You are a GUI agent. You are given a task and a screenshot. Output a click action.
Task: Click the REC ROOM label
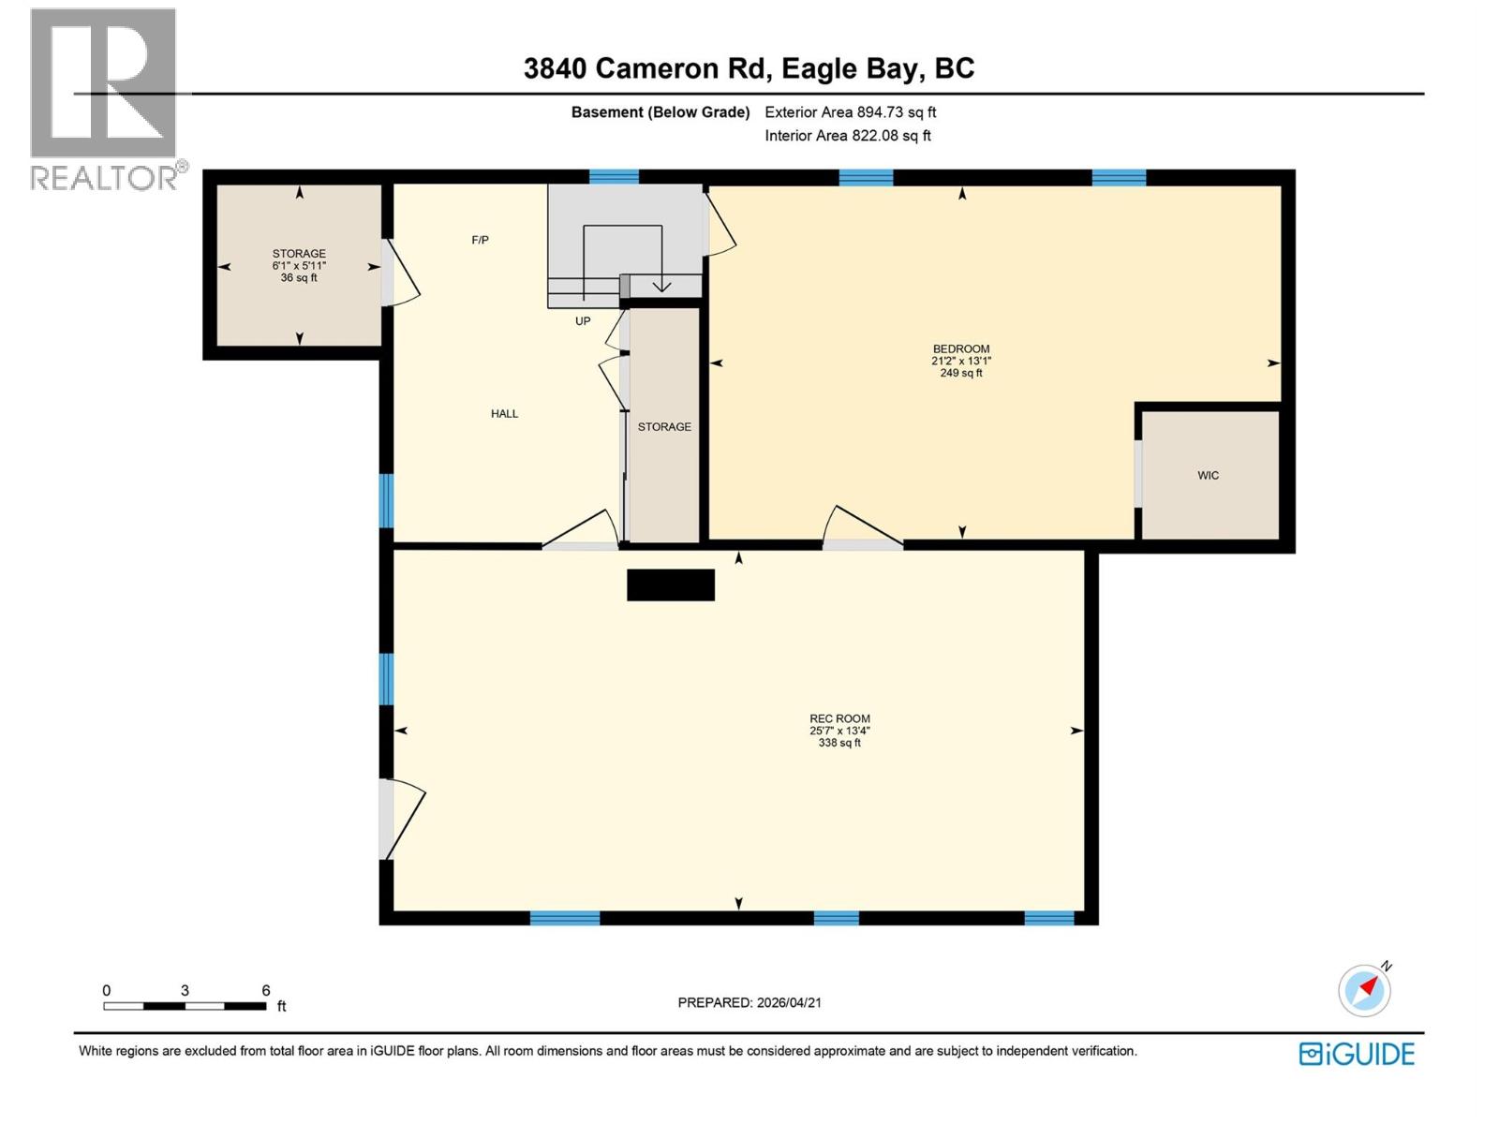(839, 718)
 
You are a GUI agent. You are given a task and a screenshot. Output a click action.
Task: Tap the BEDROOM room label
(961, 348)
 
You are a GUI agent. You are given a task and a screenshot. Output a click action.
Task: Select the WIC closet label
(1208, 475)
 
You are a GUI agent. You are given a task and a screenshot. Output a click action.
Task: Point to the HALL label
(504, 413)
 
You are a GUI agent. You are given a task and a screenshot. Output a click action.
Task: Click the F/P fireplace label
(480, 240)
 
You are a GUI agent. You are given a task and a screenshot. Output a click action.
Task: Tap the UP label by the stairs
(583, 320)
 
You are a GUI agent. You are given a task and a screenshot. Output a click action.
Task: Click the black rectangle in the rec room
(671, 584)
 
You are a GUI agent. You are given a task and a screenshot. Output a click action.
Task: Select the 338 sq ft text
(839, 743)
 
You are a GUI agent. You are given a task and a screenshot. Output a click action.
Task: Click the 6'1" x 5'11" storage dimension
(299, 266)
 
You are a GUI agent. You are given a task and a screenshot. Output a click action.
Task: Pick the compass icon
(1365, 990)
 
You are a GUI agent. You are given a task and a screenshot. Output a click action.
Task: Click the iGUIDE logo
(1357, 1054)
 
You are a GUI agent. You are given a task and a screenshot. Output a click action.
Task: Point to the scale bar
(185, 1006)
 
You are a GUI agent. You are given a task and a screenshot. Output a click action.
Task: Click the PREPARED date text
(749, 1002)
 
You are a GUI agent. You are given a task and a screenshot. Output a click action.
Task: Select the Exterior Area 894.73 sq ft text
(850, 112)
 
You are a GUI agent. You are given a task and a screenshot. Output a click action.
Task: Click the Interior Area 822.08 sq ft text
(847, 136)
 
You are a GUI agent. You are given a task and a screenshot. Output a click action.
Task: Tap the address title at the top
(749, 68)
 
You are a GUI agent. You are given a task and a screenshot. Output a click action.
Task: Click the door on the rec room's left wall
(401, 819)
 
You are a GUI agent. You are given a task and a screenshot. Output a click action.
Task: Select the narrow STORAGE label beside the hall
(664, 426)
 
